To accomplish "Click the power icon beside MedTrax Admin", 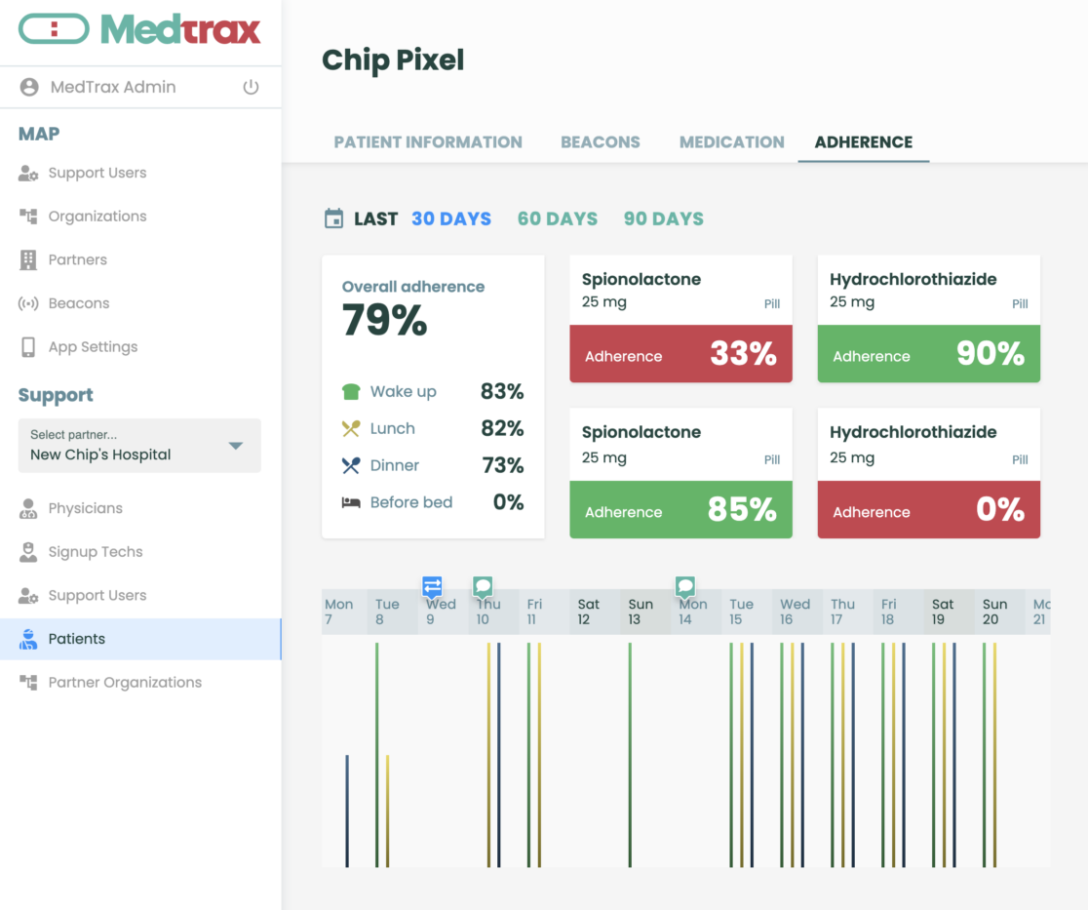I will [x=251, y=87].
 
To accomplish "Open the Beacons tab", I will [x=600, y=141].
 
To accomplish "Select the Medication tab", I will [x=731, y=141].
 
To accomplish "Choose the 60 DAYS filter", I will [x=557, y=218].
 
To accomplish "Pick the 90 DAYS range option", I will [x=663, y=218].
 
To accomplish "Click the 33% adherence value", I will [x=743, y=353].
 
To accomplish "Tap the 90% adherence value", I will [x=990, y=353].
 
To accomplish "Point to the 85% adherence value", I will [x=742, y=509].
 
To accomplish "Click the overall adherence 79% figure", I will [x=384, y=321].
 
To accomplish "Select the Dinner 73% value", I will [x=503, y=465].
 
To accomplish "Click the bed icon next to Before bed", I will [x=351, y=502].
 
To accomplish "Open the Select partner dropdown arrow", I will [x=235, y=446].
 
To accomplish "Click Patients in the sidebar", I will [x=77, y=639].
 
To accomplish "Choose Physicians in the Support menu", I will [x=86, y=508].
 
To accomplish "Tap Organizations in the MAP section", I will [x=97, y=217].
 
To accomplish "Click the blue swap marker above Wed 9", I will [x=432, y=585].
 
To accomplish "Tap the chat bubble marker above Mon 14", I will [x=685, y=585].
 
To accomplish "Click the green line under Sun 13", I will [x=631, y=751].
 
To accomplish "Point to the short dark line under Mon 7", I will [x=347, y=810].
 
